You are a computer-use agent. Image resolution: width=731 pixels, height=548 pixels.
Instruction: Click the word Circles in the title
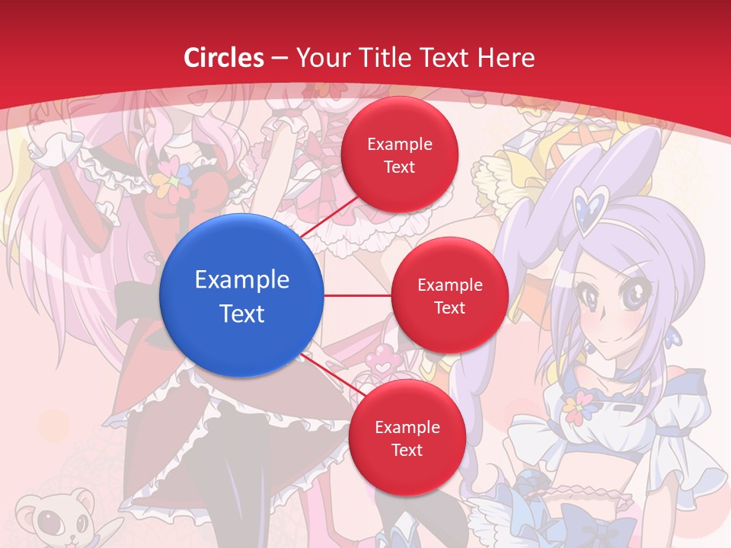[x=224, y=58]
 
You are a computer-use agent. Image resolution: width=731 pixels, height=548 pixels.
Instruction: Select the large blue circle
[x=242, y=295]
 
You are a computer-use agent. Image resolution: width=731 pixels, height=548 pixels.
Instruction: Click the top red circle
[x=399, y=155]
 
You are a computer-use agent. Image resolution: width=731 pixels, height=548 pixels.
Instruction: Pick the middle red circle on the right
[x=449, y=295]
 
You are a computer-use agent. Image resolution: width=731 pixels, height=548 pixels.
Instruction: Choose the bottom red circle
[x=407, y=438]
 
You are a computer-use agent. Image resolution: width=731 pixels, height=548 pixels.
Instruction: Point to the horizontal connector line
[x=357, y=295]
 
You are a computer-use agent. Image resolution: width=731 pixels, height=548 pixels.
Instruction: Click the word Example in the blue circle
[x=242, y=280]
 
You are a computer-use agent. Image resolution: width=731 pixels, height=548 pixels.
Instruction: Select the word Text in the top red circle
[x=399, y=167]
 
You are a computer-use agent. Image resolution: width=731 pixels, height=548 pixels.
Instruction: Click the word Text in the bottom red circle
[x=407, y=450]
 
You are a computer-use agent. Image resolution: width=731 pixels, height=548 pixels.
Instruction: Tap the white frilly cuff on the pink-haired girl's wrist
[x=52, y=148]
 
